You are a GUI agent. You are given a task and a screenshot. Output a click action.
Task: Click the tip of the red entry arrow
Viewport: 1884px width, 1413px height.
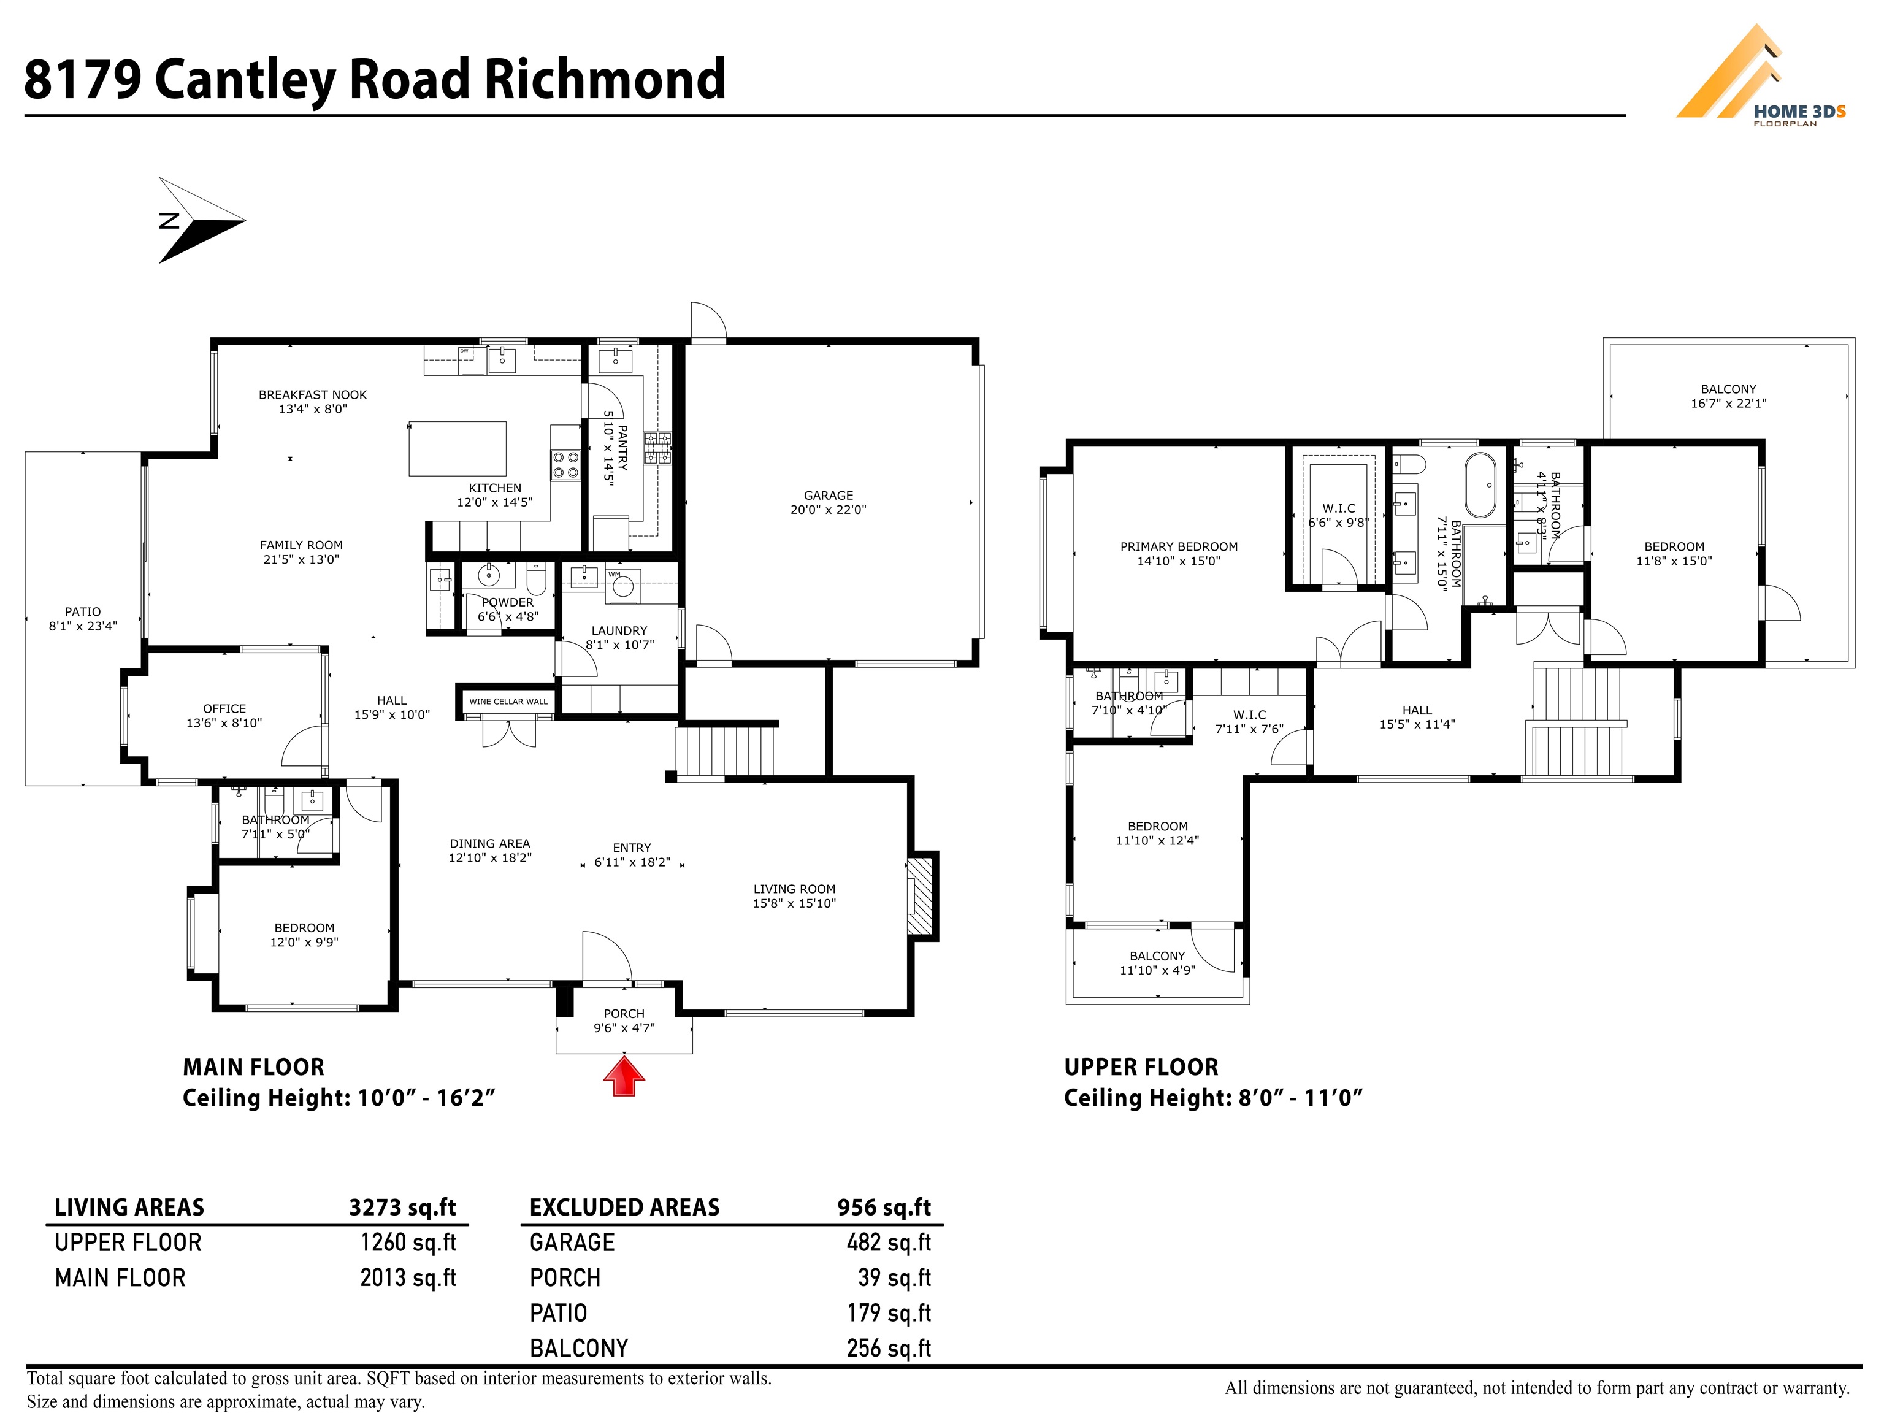click(x=624, y=1056)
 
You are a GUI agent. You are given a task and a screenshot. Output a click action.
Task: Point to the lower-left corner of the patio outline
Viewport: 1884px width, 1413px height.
click(x=26, y=784)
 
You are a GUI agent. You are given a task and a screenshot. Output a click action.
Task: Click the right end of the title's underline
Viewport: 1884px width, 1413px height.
click(x=1625, y=115)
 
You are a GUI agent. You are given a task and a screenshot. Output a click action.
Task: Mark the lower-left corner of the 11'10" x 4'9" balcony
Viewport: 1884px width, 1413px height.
click(x=1066, y=1003)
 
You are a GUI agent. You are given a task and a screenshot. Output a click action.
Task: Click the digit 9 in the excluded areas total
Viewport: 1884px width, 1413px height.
click(x=846, y=1207)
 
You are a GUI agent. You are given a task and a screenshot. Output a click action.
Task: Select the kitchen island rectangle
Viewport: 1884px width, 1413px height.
click(x=458, y=448)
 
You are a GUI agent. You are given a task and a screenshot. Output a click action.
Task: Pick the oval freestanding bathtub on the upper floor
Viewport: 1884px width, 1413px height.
click(x=1479, y=484)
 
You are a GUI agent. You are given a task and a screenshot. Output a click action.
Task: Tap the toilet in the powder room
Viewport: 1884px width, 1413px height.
click(x=536, y=580)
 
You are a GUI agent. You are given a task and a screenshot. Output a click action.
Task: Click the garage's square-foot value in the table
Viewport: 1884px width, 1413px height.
click(x=889, y=1243)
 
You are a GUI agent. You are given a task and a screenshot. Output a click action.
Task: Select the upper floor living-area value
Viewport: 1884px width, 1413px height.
click(x=408, y=1243)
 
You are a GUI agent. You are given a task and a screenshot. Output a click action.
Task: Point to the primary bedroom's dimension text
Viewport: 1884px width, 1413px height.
click(x=1179, y=561)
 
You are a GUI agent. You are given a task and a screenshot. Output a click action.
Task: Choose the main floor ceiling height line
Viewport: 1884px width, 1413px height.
click(x=339, y=1097)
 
